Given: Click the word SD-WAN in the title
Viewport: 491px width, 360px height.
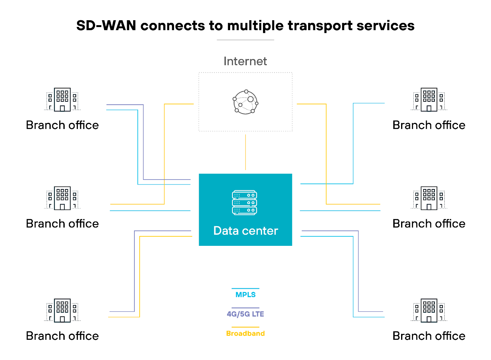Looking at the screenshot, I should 106,25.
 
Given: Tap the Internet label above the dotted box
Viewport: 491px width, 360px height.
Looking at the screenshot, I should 245,61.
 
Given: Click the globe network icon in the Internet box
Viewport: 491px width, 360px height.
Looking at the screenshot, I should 245,102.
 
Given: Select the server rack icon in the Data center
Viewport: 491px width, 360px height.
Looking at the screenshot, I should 245,203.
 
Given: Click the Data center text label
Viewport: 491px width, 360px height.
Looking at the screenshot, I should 245,231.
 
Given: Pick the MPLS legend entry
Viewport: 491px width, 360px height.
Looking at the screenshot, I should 245,295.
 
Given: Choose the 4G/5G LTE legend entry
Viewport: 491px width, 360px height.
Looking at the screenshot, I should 245,314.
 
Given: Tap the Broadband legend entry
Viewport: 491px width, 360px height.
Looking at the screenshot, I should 245,333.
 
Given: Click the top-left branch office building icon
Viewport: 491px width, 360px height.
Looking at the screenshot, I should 62,99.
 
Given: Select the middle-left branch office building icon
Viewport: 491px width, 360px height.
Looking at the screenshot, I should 62,198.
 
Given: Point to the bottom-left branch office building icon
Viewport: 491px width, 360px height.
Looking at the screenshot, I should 62,310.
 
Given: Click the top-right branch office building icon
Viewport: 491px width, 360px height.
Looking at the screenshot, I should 429,99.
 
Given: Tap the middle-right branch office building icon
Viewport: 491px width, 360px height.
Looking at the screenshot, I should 429,198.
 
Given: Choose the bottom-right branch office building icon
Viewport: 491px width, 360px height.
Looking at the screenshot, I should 429,310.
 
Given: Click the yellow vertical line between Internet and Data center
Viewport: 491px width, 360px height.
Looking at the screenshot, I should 245,152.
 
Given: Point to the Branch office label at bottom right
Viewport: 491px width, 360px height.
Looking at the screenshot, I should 429,336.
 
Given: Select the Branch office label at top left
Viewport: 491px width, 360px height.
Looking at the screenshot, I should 62,125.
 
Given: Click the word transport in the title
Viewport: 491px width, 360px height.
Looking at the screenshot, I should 320,26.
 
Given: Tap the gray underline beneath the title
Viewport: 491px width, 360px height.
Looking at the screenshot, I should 245,40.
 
